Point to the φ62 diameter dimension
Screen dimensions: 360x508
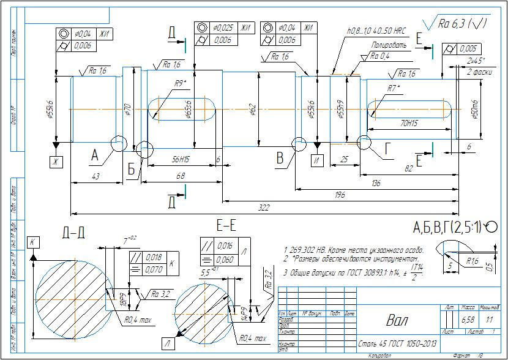(252, 109)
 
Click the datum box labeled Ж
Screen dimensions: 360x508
(56, 161)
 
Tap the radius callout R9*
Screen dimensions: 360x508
(179, 83)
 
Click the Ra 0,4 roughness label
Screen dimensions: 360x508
(380, 56)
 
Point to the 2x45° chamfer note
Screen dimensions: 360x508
(476, 61)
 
